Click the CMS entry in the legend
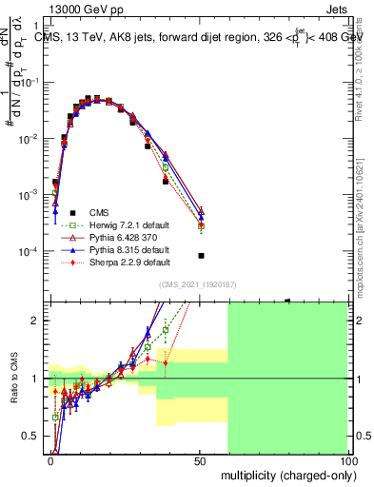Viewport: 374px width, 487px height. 101,211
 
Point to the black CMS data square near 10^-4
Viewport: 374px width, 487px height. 201,256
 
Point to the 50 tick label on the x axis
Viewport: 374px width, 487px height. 200,459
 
